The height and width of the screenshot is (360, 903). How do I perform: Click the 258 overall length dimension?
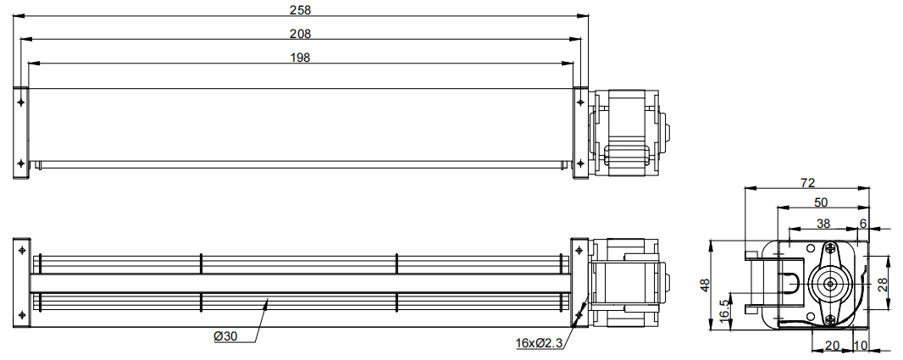[x=301, y=10]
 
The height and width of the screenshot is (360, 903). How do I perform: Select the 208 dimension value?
[x=301, y=34]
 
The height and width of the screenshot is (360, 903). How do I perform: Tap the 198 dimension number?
[x=301, y=58]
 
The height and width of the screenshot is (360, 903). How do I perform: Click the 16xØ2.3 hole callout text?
[x=540, y=344]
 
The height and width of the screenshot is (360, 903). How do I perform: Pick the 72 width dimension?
[x=808, y=183]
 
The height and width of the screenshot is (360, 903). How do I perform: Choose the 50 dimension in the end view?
[x=821, y=202]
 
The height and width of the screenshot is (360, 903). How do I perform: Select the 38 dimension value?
[x=823, y=223]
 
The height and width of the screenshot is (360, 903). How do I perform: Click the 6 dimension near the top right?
[x=862, y=223]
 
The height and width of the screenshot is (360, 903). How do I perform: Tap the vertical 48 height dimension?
[x=706, y=285]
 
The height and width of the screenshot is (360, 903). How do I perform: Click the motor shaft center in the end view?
[x=829, y=284]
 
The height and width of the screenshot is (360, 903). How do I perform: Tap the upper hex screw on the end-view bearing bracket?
[x=829, y=249]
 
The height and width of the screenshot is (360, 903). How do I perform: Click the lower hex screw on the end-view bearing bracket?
[x=829, y=319]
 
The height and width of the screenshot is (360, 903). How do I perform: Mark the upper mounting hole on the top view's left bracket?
[x=21, y=102]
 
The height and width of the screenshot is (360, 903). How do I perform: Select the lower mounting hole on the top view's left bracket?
[x=21, y=163]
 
